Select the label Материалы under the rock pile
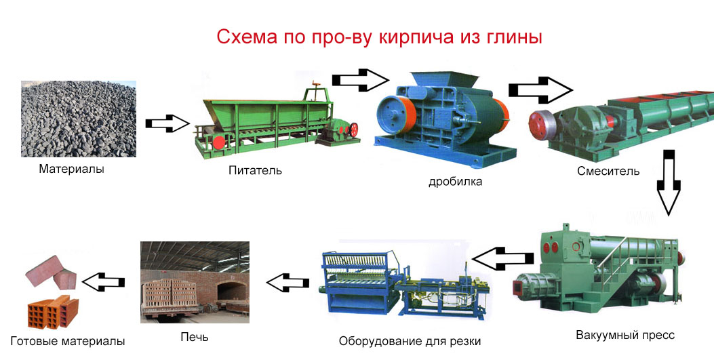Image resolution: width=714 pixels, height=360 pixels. pyautogui.click(x=71, y=169)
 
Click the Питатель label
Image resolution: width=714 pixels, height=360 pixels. pyautogui.click(x=255, y=171)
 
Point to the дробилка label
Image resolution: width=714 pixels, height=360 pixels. pyautogui.click(x=456, y=182)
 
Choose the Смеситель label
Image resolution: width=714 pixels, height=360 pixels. pyautogui.click(x=608, y=171)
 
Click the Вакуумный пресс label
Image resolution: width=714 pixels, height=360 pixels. pyautogui.click(x=625, y=336)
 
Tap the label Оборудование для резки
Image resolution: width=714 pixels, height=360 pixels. pyautogui.click(x=410, y=341)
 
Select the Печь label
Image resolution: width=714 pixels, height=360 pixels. pyautogui.click(x=195, y=337)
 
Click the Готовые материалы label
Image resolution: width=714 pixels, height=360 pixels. pyautogui.click(x=67, y=341)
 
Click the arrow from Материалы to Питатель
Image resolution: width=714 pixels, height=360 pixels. pyautogui.click(x=167, y=123)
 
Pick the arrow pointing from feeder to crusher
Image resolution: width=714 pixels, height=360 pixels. pyautogui.click(x=360, y=80)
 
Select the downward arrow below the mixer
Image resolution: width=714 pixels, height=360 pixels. pyautogui.click(x=669, y=182)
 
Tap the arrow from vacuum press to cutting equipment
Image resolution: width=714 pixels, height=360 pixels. pyautogui.click(x=502, y=258)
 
